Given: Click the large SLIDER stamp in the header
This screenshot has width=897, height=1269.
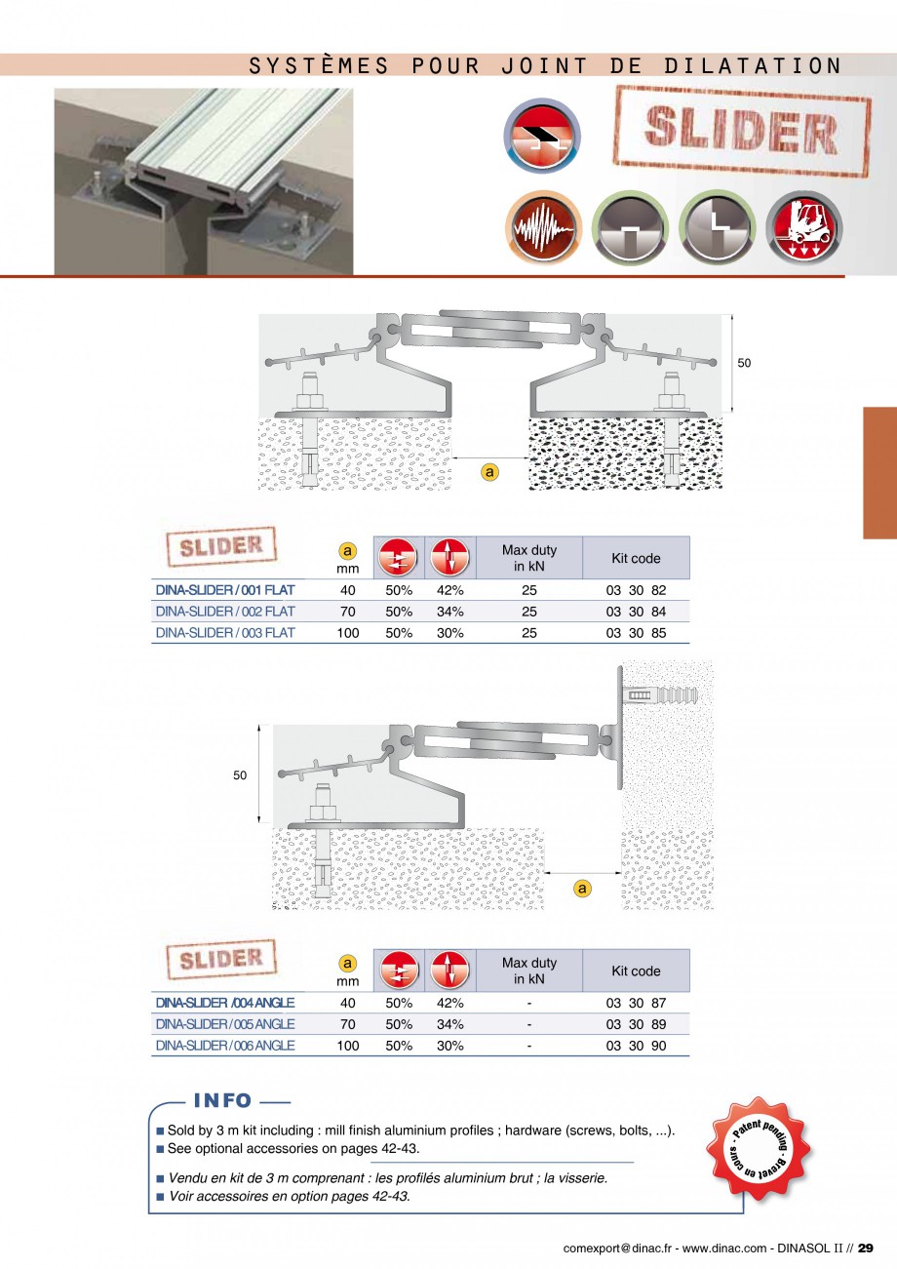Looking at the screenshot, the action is (742, 132).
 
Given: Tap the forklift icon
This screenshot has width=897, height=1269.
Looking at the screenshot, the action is (804, 228).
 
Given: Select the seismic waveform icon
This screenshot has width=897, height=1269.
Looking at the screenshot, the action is (543, 228).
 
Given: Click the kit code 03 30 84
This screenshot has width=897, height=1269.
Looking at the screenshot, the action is (636, 612).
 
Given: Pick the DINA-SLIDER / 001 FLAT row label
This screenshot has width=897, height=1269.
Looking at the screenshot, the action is (225, 590).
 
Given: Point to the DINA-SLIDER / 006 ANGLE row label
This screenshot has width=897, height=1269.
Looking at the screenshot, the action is (225, 1046).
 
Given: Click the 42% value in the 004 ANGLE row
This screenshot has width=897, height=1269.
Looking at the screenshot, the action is (450, 1003).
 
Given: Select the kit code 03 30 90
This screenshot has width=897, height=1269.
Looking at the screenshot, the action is (636, 1046).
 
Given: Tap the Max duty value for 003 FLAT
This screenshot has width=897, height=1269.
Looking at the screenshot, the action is (529, 633).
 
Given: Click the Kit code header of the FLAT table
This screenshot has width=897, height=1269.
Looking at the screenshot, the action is (636, 559).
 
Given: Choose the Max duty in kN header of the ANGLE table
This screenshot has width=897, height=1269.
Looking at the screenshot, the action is (529, 971).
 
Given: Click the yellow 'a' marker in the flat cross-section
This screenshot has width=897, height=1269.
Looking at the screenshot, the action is (489, 472).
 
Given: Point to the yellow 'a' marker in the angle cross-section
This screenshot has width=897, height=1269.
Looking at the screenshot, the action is (581, 889).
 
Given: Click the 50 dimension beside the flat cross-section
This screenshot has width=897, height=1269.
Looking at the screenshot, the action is (744, 363).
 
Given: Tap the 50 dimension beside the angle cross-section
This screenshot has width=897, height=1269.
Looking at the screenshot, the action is (240, 775).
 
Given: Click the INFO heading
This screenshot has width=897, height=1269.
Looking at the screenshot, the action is (222, 1100).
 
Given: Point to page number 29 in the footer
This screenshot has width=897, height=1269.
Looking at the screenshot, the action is (866, 1249).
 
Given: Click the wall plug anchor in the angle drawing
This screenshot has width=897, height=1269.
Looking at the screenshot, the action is (660, 695).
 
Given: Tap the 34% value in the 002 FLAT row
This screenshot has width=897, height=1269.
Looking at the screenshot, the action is (450, 612).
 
